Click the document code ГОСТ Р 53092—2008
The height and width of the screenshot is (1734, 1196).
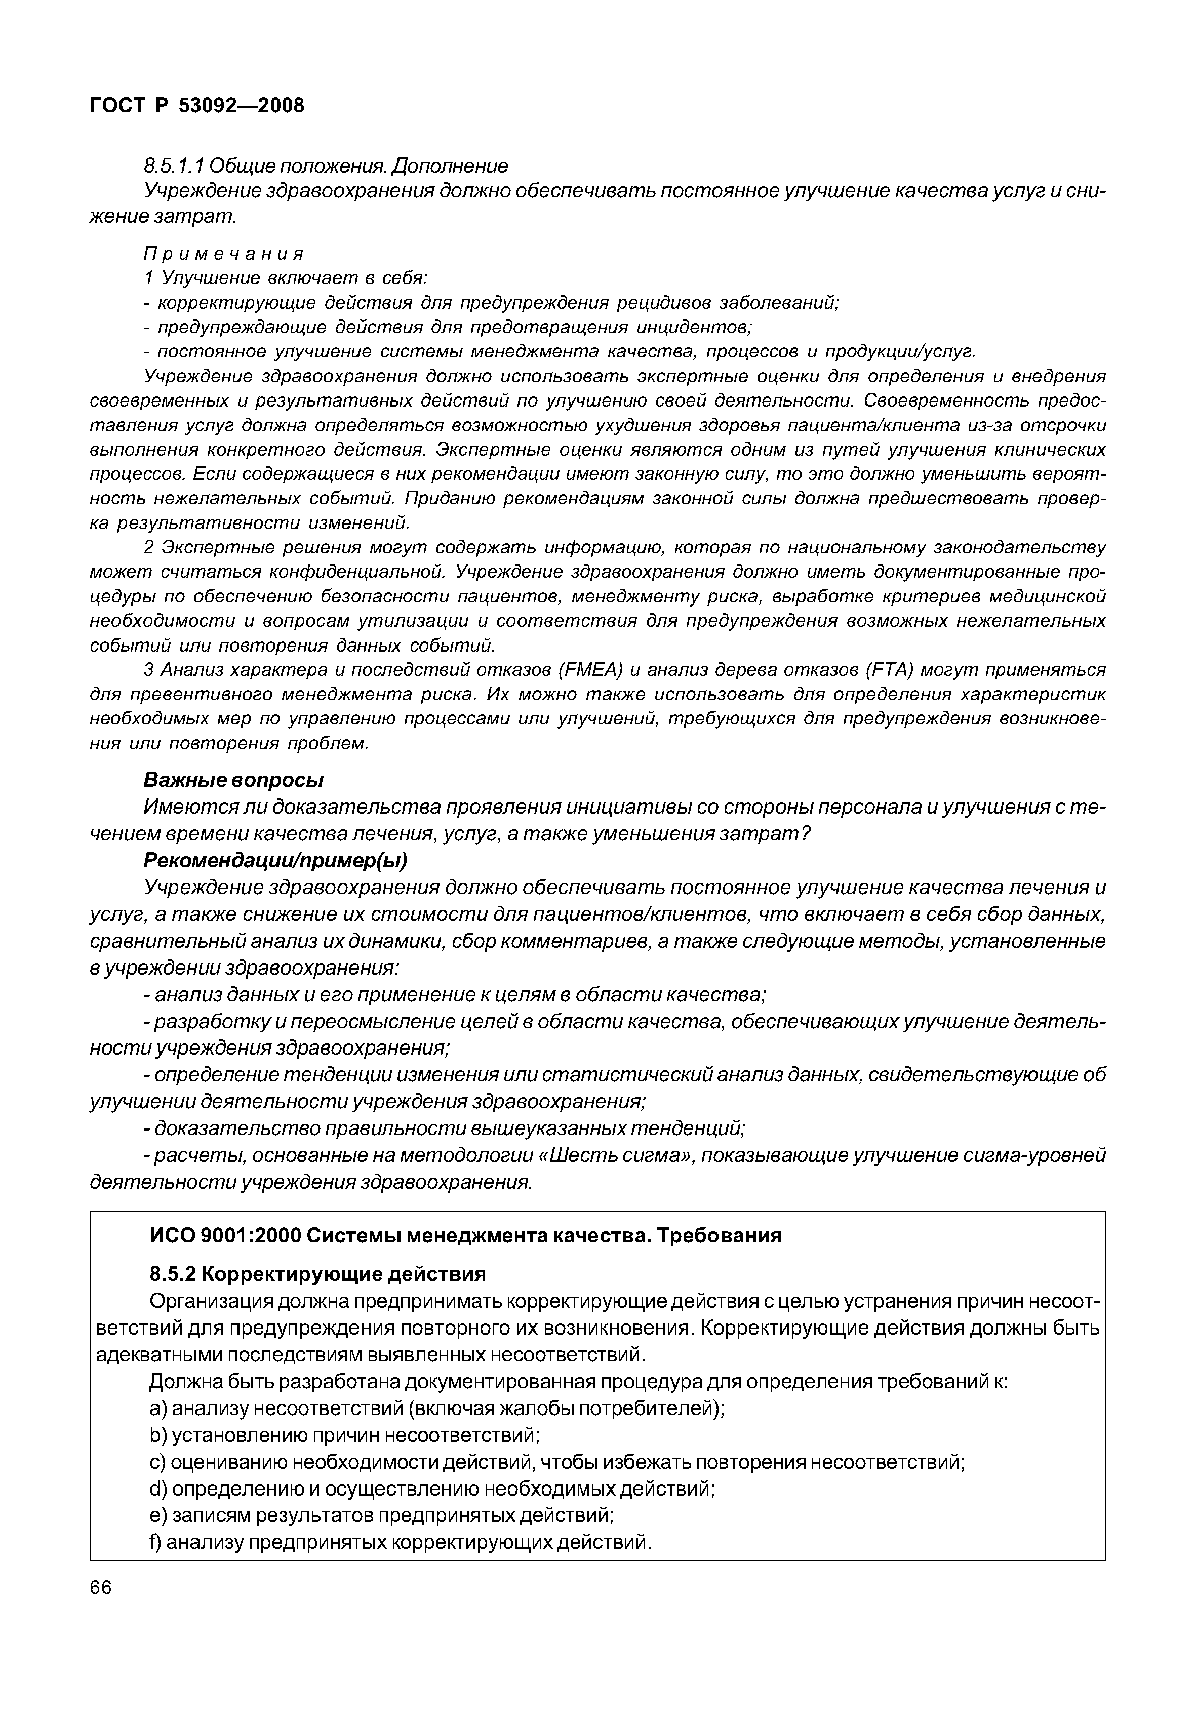197,106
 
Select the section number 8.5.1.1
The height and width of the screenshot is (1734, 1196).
174,165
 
